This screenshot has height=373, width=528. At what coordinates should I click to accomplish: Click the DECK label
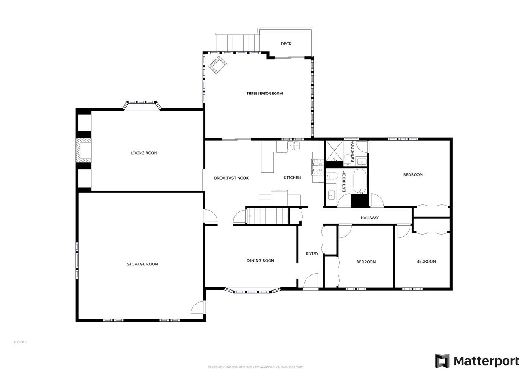click(286, 44)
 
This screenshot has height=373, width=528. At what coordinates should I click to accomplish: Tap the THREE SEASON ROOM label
click(264, 94)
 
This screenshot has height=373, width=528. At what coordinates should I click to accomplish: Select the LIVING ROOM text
click(144, 153)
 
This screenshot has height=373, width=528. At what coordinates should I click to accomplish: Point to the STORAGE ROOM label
click(142, 264)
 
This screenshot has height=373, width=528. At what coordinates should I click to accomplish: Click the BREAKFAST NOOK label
click(231, 178)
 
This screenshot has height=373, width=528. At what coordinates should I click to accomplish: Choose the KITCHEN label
click(292, 178)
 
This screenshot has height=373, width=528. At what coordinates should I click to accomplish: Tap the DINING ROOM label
click(260, 260)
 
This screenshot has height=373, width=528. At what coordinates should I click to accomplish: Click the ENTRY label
click(312, 253)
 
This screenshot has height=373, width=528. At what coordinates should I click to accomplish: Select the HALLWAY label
click(370, 218)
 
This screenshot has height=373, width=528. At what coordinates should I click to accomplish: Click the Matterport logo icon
click(442, 361)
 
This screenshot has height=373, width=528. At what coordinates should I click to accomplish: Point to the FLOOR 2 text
click(20, 342)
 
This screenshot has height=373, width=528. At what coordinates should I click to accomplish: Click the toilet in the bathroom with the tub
click(332, 176)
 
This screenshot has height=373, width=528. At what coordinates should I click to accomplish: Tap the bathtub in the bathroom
click(360, 181)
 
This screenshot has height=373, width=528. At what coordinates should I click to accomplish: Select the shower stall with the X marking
click(334, 151)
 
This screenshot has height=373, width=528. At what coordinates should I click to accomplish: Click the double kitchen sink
click(294, 146)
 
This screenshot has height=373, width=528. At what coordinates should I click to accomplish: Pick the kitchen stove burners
click(318, 167)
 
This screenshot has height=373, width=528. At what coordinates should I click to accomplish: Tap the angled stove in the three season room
click(217, 65)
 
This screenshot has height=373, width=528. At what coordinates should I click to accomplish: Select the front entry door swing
click(311, 281)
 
